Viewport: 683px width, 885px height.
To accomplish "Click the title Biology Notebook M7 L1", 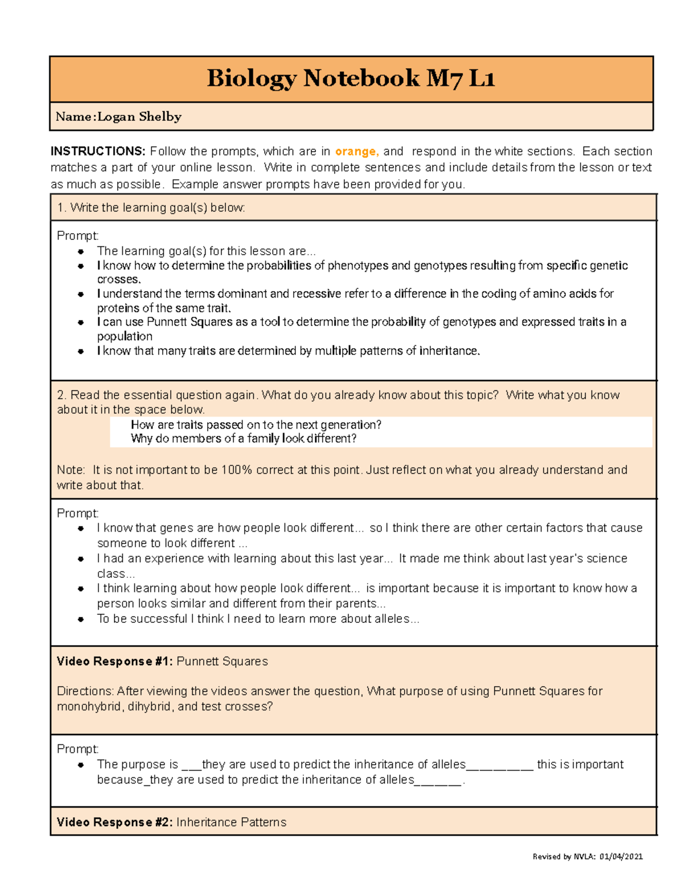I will pos(351,78).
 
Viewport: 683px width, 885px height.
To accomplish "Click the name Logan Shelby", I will pos(139,117).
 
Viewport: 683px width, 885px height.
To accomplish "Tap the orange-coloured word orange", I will pos(356,151).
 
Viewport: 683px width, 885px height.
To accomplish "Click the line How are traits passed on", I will pos(256,425).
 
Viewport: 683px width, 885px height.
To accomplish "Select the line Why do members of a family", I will pos(243,438).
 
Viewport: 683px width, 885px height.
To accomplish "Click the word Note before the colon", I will pos(69,470).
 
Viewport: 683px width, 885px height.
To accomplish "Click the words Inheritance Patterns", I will pos(231,822).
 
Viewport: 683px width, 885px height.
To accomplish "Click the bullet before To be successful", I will pos(81,619).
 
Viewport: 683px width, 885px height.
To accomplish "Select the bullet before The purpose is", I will pos(81,765).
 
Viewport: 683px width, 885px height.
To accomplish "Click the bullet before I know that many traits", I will pos(81,351).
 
